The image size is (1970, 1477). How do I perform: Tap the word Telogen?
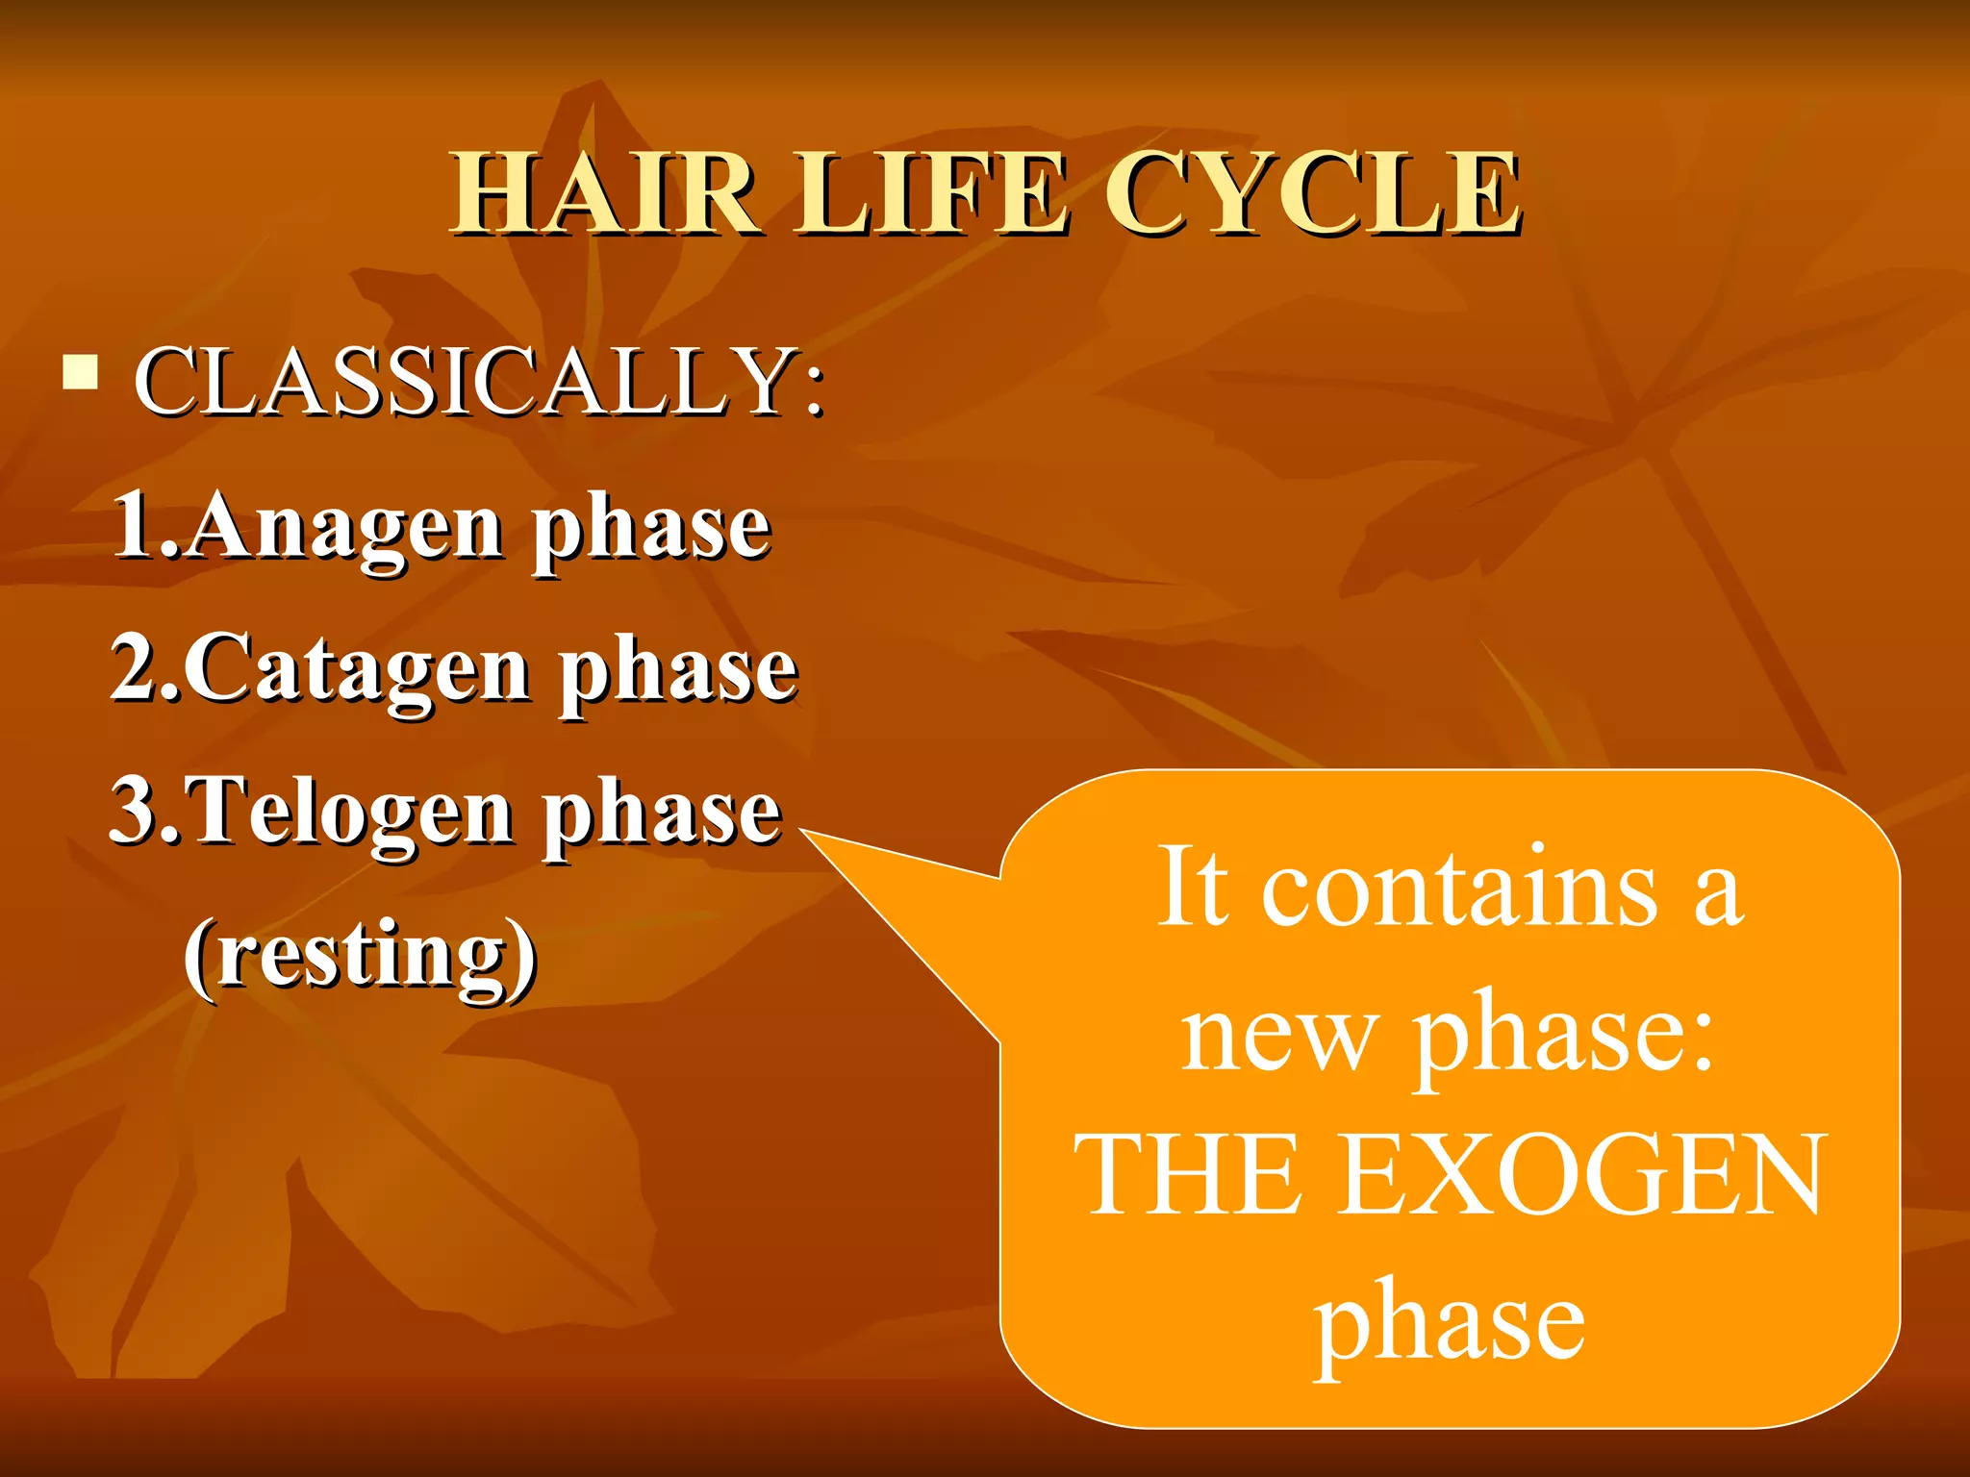pos(352,814)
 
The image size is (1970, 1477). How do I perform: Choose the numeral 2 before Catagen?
pos(135,667)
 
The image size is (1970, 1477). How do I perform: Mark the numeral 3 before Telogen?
pos(134,810)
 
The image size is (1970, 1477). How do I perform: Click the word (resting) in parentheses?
pos(360,955)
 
